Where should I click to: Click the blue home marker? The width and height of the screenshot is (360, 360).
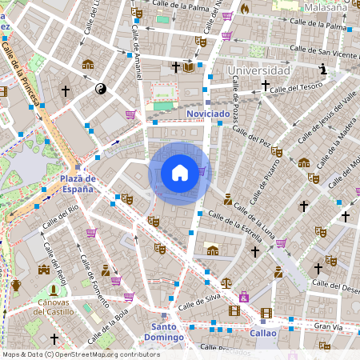pyautogui.click(x=180, y=173)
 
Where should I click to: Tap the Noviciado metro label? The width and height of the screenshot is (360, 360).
pyautogui.click(x=207, y=114)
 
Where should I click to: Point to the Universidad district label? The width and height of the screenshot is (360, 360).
pyautogui.click(x=258, y=71)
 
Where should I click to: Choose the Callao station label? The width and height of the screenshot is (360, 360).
pyautogui.click(x=262, y=333)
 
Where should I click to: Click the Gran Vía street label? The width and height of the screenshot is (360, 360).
pyautogui.click(x=328, y=326)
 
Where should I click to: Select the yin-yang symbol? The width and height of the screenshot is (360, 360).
pyautogui.click(x=101, y=89)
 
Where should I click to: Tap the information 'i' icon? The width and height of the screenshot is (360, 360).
pyautogui.click(x=323, y=70)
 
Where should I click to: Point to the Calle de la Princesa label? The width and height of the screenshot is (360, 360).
pyautogui.click(x=26, y=71)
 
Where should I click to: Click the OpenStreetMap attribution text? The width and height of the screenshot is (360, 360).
pyautogui.click(x=81, y=354)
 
